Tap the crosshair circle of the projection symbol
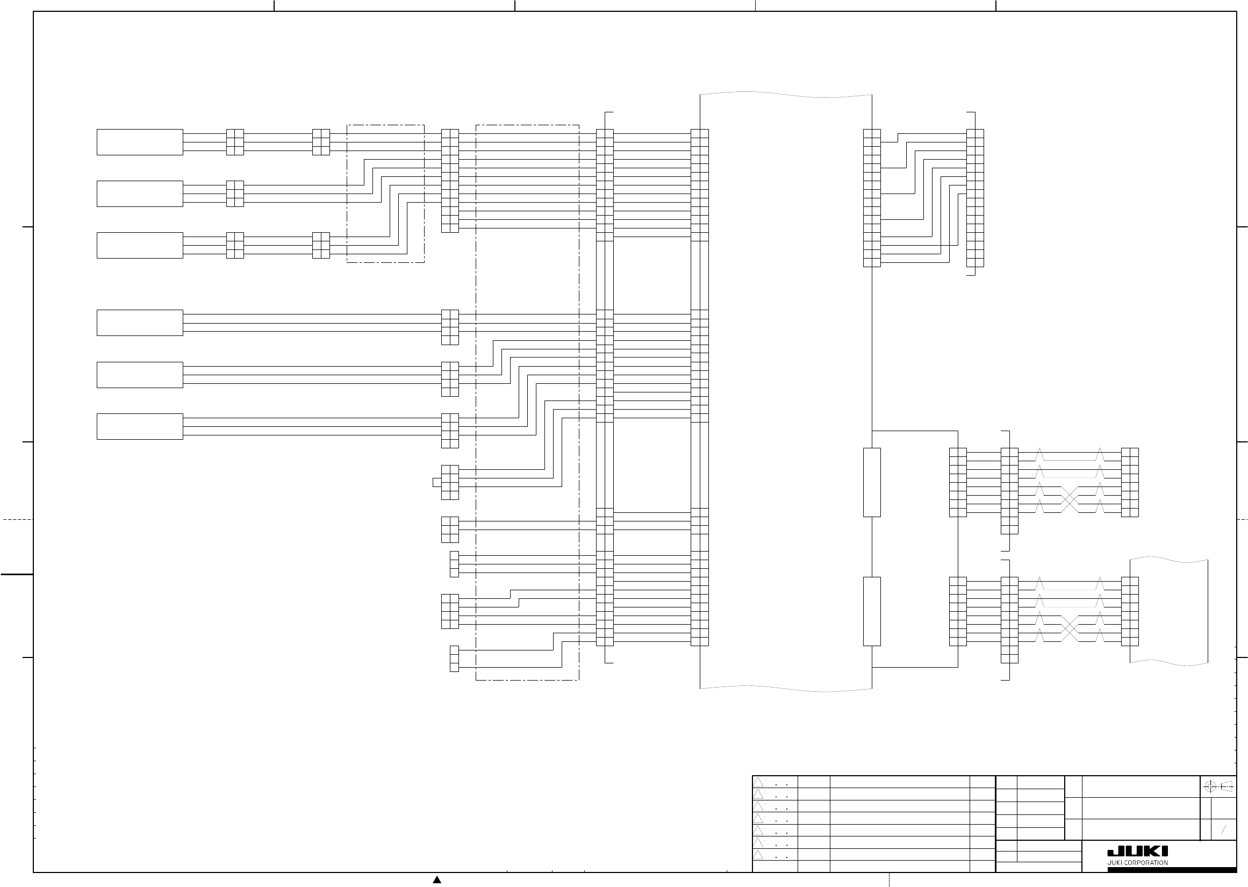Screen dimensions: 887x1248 tap(1210, 787)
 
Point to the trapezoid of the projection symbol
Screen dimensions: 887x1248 tap(1227, 787)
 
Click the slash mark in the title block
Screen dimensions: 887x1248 tap(1223, 829)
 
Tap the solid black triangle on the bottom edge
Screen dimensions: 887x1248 tap(437, 879)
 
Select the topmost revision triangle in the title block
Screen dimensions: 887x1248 tap(758, 782)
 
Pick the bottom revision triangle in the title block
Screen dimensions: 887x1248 tap(758, 854)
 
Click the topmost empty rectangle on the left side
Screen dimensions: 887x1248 tap(140, 142)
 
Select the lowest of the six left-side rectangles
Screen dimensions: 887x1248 tap(140, 427)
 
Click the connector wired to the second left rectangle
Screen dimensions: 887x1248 tap(235, 194)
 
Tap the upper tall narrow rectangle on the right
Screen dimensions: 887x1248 tap(872, 482)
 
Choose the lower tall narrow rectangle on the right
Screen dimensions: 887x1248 tap(872, 611)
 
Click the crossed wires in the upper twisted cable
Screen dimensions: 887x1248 tap(1070, 500)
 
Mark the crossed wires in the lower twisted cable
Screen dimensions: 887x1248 tap(1070, 628)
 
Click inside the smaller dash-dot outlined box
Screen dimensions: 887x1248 tap(385, 194)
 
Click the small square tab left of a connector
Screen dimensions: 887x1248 tap(437, 482)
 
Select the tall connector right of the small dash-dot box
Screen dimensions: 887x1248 tap(450, 181)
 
